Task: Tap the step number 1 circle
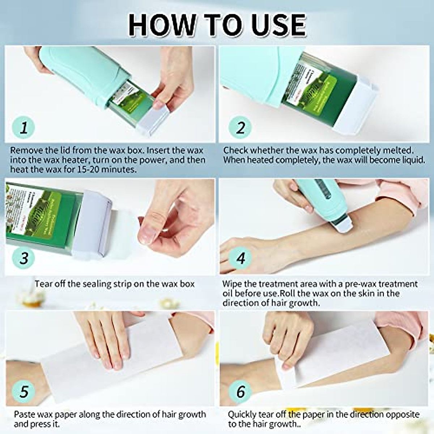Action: (24, 127)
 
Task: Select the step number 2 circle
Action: (241, 127)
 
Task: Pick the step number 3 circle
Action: (24, 258)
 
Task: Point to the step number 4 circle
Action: (241, 258)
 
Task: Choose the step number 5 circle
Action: (24, 391)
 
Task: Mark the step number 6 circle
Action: (241, 391)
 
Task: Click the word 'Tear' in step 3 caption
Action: (42, 284)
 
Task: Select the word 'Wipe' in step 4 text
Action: (232, 284)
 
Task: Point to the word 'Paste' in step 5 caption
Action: (25, 414)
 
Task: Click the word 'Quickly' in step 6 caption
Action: (242, 414)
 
